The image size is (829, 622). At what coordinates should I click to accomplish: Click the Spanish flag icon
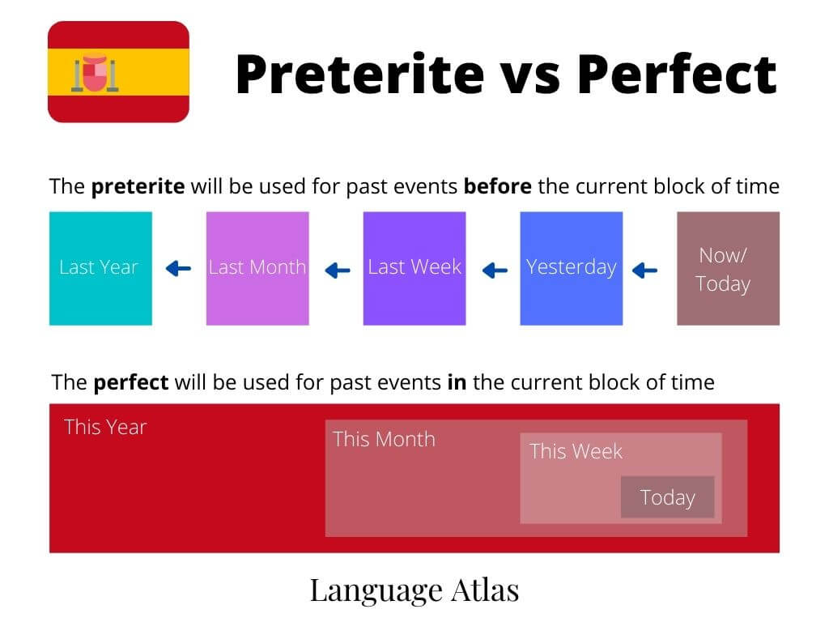[118, 72]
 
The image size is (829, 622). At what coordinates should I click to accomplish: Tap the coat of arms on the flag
[96, 72]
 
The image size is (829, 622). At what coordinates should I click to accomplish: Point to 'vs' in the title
[529, 79]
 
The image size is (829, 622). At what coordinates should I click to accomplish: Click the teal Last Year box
[100, 268]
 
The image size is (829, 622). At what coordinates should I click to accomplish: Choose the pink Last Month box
[257, 268]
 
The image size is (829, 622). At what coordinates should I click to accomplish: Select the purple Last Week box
[414, 268]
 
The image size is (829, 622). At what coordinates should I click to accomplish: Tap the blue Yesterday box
[571, 268]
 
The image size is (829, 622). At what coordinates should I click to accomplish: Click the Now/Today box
[728, 268]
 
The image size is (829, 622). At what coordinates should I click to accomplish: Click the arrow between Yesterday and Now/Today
[644, 271]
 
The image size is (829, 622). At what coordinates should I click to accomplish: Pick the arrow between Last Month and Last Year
[178, 269]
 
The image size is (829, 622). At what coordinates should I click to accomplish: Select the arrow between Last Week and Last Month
[338, 271]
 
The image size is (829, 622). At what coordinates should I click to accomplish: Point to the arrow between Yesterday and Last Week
[495, 271]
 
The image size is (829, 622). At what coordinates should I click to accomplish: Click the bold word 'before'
[498, 186]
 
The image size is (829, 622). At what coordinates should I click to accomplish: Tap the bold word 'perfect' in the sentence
[131, 382]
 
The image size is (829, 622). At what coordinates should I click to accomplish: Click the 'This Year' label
[105, 427]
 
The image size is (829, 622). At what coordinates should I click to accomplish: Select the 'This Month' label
[384, 439]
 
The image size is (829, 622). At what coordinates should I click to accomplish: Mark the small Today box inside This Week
[667, 496]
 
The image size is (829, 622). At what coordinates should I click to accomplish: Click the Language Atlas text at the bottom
[414, 590]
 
